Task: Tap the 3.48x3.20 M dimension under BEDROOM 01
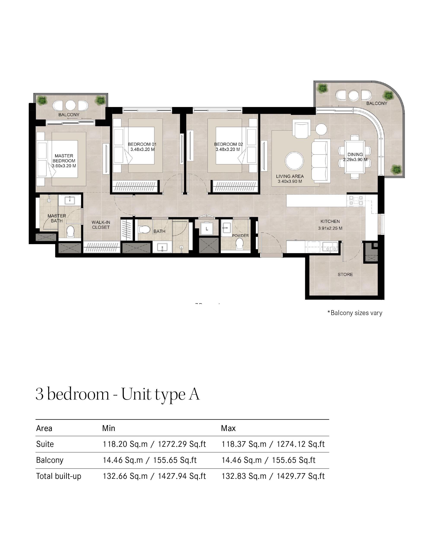(142, 149)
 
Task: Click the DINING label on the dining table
(355, 154)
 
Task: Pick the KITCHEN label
(330, 221)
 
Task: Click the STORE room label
(345, 274)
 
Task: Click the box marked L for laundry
(207, 229)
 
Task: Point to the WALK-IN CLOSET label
(101, 225)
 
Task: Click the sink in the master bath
(69, 200)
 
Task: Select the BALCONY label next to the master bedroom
(69, 114)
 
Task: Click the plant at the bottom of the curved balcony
(396, 169)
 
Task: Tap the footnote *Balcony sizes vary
(355, 313)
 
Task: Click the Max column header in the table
(228, 428)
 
